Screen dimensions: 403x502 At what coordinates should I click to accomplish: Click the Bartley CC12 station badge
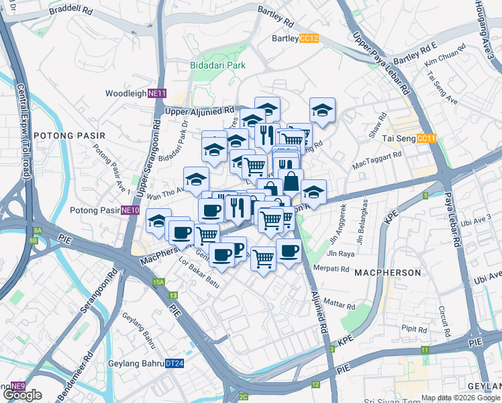coord(309,38)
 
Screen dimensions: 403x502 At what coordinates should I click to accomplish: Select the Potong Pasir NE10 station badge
coord(130,210)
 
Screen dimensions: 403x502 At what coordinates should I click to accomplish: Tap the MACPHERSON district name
coord(387,273)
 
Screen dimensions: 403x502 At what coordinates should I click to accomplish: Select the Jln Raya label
coord(340,254)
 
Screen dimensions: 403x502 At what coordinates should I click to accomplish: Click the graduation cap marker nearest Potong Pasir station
coord(158,220)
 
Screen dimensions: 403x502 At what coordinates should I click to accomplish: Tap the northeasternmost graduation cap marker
coord(322,110)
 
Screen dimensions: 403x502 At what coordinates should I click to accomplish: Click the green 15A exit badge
coord(158,282)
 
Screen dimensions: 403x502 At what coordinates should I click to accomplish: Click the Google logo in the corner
coord(22,395)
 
